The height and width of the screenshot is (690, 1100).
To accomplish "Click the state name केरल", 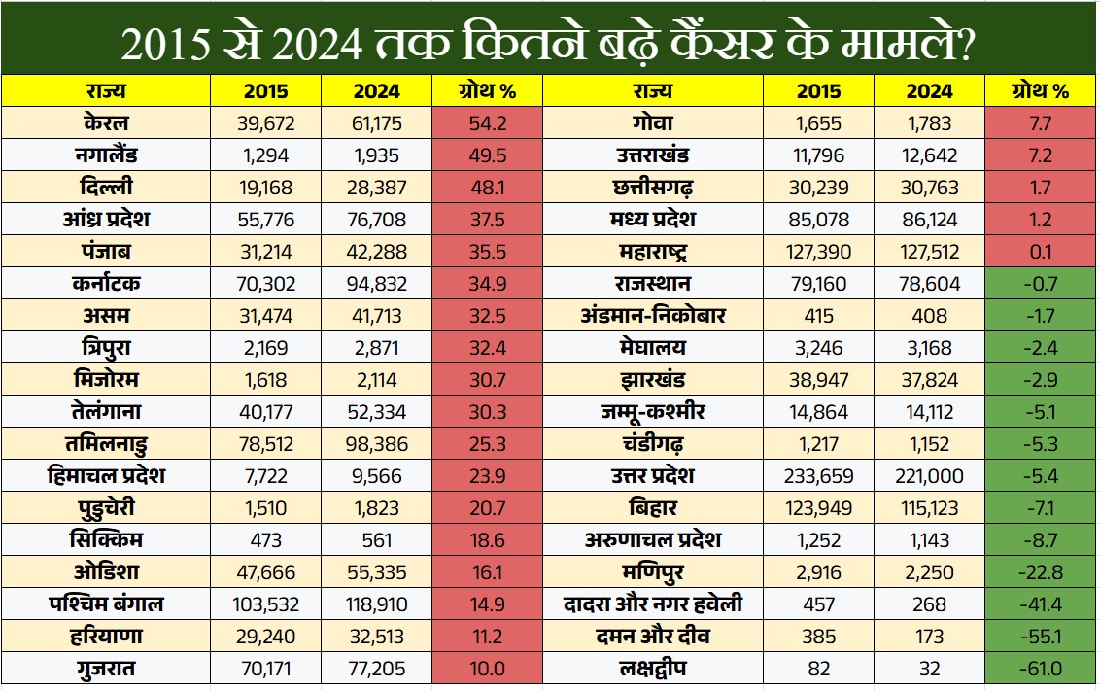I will [x=107, y=123].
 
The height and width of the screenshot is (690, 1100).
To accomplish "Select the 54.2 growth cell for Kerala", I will [x=487, y=123].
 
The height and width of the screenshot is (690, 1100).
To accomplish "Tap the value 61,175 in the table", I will [x=376, y=123].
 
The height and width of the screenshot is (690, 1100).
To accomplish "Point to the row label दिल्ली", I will [x=107, y=188].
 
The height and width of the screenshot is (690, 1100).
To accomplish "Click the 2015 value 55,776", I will [x=265, y=220].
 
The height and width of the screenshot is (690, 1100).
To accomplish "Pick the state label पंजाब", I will [x=107, y=252].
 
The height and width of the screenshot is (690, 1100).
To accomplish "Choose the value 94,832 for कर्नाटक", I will [x=376, y=284].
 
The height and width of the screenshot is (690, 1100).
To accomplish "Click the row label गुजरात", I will [x=107, y=669].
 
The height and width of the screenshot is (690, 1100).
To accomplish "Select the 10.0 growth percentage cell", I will [x=487, y=669].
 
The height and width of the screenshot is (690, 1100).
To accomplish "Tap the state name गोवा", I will [x=652, y=123].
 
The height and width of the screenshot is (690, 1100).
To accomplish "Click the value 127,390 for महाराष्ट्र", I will [x=818, y=252].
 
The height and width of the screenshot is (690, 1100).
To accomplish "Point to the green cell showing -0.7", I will [x=1041, y=284].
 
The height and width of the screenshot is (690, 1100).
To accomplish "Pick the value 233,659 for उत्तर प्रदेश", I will [x=818, y=476].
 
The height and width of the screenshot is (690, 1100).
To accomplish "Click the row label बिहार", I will [x=652, y=508].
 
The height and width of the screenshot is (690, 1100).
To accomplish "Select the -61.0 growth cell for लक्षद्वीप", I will [x=1041, y=669].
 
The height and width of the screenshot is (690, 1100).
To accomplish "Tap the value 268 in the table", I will [x=930, y=604].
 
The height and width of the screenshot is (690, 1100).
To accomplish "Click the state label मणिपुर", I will [x=652, y=572].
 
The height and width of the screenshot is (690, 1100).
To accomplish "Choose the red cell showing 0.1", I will [x=1041, y=252].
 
